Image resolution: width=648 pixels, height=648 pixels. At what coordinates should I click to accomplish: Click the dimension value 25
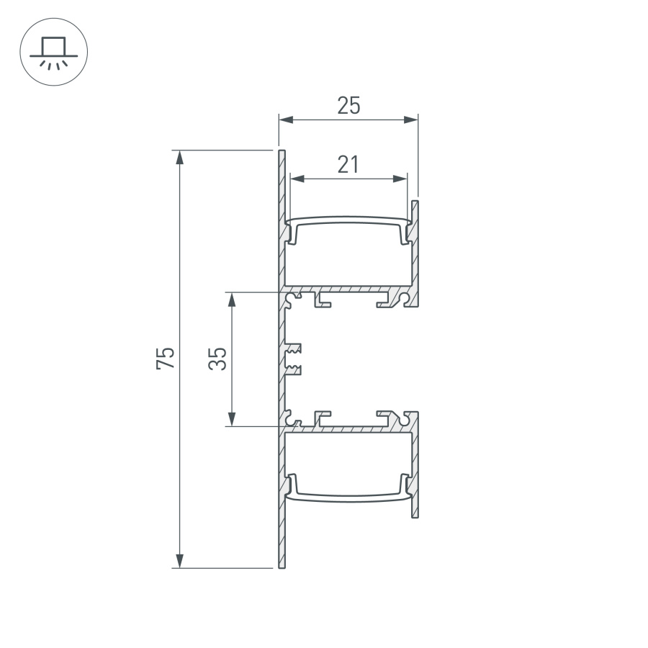(x=348, y=107)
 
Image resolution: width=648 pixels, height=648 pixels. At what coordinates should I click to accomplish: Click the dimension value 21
(x=348, y=165)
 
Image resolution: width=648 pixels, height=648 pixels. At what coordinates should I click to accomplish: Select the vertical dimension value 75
(x=166, y=358)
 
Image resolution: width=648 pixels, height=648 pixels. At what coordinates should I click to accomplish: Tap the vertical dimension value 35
(x=219, y=358)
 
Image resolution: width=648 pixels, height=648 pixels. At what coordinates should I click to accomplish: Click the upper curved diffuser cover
(x=348, y=219)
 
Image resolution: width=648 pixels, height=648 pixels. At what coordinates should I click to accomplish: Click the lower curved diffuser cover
(x=348, y=496)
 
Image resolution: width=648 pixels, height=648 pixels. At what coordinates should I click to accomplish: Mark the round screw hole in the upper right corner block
(x=410, y=296)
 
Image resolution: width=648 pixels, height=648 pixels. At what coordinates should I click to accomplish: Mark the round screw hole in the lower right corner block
(x=410, y=418)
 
